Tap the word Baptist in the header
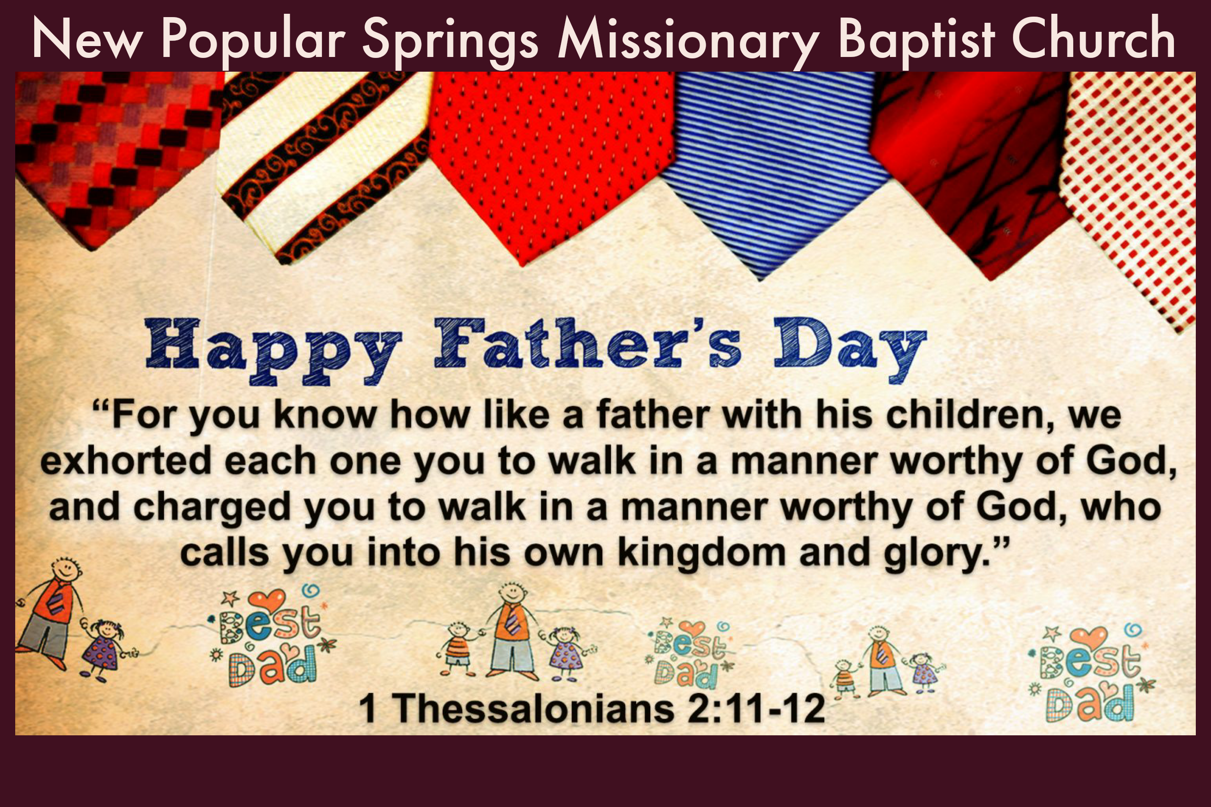coord(917,39)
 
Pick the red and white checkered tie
coord(1133,190)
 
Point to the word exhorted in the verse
coord(126,460)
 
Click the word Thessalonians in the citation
coord(533,708)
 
